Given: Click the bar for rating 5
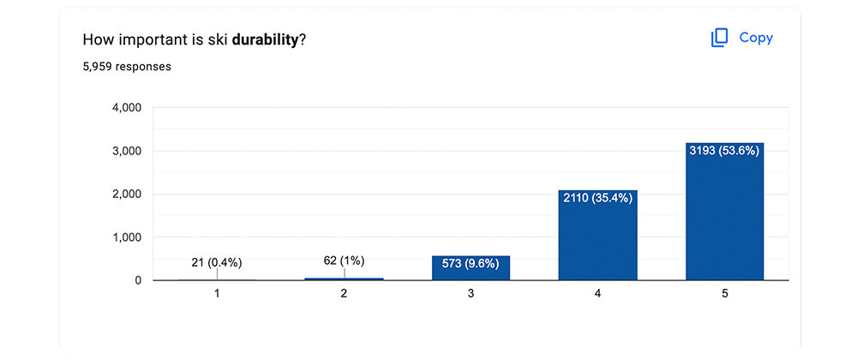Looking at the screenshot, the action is coord(725,212).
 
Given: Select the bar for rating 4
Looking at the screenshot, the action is coord(598,235).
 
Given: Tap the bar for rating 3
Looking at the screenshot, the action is coord(470,267).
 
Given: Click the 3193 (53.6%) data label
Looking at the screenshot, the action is coord(725,152).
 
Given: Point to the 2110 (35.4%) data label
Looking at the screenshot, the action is coord(598,198).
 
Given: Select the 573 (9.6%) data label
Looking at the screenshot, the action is coord(470,264).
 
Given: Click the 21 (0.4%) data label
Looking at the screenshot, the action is coord(217,263).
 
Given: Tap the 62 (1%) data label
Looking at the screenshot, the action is coord(344,261).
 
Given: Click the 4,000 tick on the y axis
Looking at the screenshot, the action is coord(127,108).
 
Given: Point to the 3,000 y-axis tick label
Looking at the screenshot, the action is coord(127,151).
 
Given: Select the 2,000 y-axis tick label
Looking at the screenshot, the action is coord(127,194).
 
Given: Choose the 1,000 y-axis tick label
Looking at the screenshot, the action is coord(127,237).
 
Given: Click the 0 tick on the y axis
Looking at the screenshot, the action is coord(138,280).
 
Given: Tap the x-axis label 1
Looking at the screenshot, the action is coord(217,294).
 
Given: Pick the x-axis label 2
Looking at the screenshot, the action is coord(344,294).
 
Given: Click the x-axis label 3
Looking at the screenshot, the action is coord(470,294).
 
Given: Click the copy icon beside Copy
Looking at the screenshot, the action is coord(719,38).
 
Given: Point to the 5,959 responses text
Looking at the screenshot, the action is coord(127,67).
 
